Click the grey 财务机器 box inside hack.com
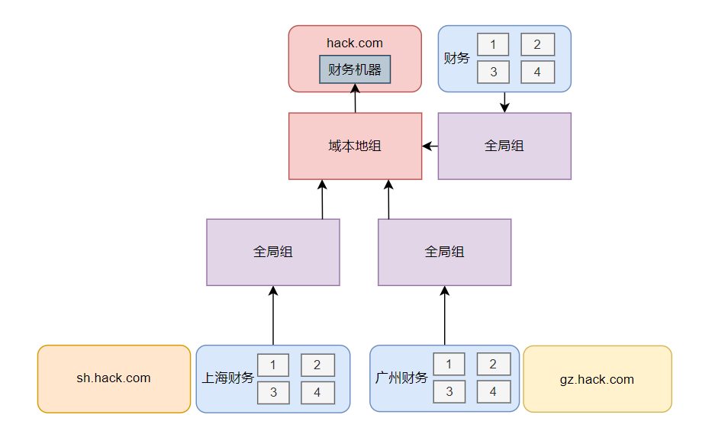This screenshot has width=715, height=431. pyautogui.click(x=355, y=69)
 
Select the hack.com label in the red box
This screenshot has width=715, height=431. pyautogui.click(x=355, y=43)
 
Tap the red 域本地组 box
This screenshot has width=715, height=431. pyautogui.click(x=355, y=146)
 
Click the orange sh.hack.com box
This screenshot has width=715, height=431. pyautogui.click(x=114, y=378)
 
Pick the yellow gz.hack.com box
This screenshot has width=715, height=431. pyautogui.click(x=597, y=379)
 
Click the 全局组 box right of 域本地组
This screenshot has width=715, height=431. pyautogui.click(x=504, y=146)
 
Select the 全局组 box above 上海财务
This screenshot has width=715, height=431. pyautogui.click(x=272, y=252)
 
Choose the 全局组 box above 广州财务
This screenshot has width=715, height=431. pyautogui.click(x=444, y=252)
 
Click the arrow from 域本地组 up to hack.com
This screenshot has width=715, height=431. pyautogui.click(x=355, y=98)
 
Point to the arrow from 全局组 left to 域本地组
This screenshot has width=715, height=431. pyautogui.click(x=430, y=146)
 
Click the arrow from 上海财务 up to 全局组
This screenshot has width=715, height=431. pyautogui.click(x=272, y=316)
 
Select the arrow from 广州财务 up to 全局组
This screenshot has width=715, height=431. pyautogui.click(x=444, y=316)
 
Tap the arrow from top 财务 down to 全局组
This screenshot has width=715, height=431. pyautogui.click(x=504, y=102)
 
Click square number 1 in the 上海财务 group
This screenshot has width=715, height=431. pyautogui.click(x=273, y=365)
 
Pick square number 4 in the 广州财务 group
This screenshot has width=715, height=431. pyautogui.click(x=494, y=392)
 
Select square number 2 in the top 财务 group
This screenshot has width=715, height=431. pyautogui.click(x=537, y=45)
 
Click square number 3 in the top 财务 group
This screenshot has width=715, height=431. pyautogui.click(x=494, y=72)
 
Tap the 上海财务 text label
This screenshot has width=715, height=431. pyautogui.click(x=227, y=378)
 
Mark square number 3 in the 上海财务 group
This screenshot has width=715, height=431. pyautogui.click(x=273, y=392)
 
